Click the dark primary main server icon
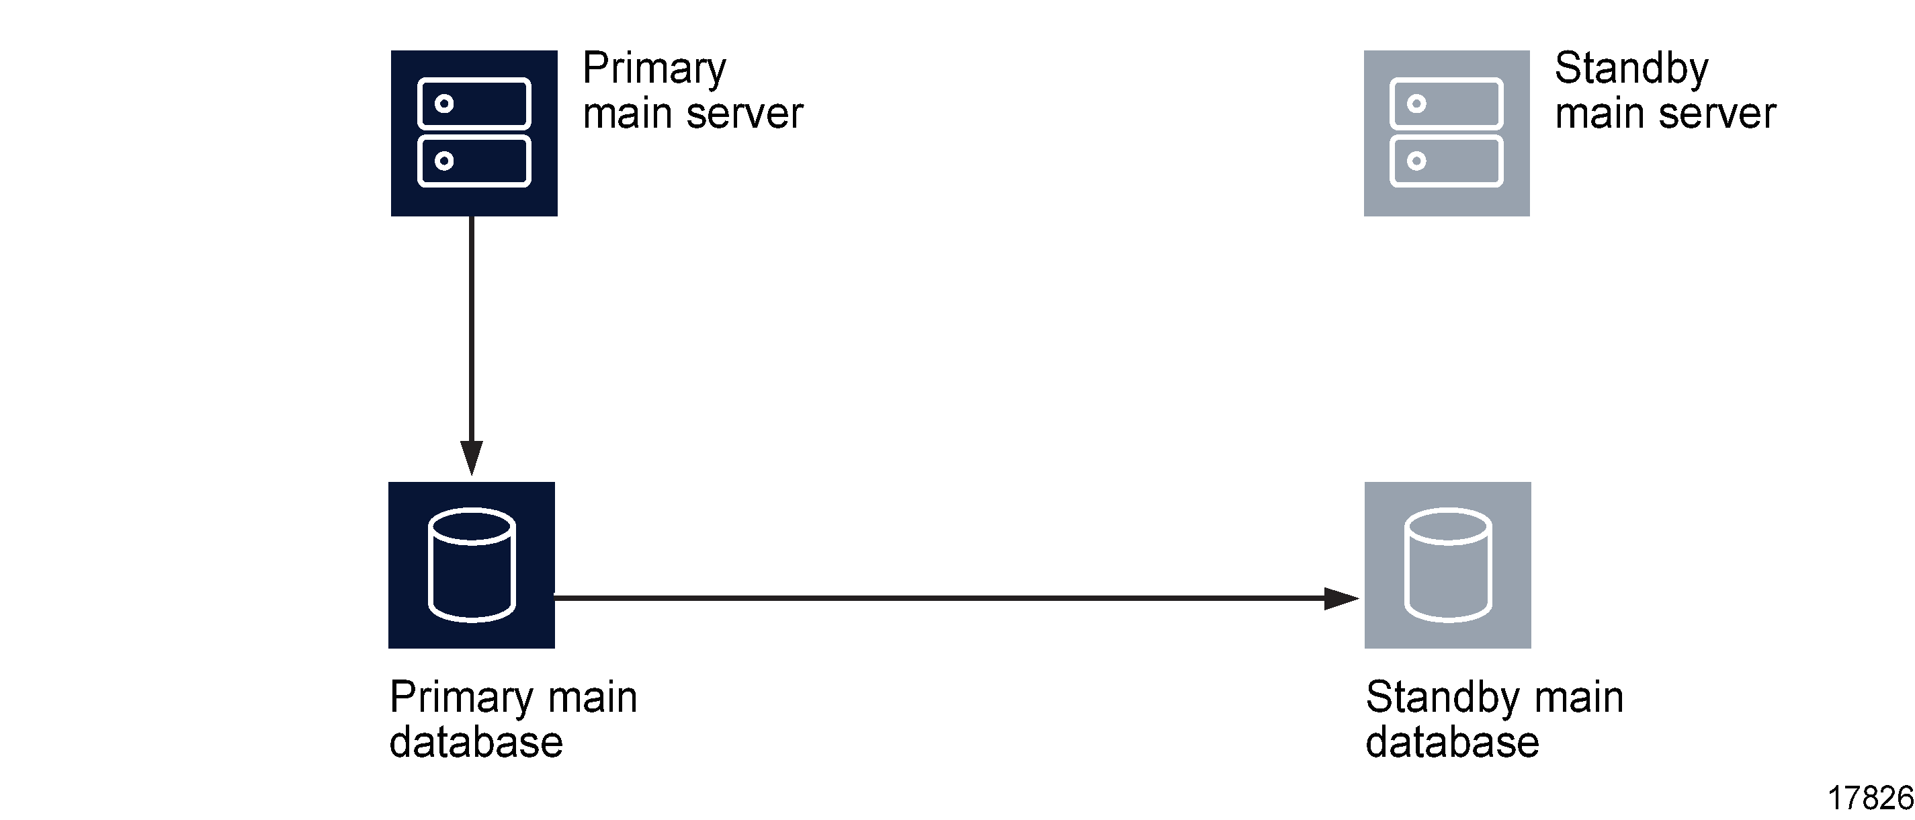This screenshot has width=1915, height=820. coord(474,133)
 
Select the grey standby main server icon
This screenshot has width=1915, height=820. coord(1446,133)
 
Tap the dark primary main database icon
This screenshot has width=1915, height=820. coord(471,565)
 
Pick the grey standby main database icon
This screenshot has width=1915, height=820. coord(1447,565)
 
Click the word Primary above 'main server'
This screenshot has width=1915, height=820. coord(654,69)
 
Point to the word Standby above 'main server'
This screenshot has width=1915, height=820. coord(1631,69)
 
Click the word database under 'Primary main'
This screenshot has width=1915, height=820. coord(476,742)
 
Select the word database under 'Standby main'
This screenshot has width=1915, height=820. coord(1452,742)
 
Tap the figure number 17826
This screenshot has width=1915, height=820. coord(1870,798)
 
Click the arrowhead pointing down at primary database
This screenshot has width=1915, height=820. coord(471,455)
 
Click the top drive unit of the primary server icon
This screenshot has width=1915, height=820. coord(474,104)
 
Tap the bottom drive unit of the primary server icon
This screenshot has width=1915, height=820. coord(474,161)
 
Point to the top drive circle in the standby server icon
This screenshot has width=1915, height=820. coord(1416,104)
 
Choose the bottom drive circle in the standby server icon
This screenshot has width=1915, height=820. coord(1416,161)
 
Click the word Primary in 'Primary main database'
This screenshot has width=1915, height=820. coord(461,697)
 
